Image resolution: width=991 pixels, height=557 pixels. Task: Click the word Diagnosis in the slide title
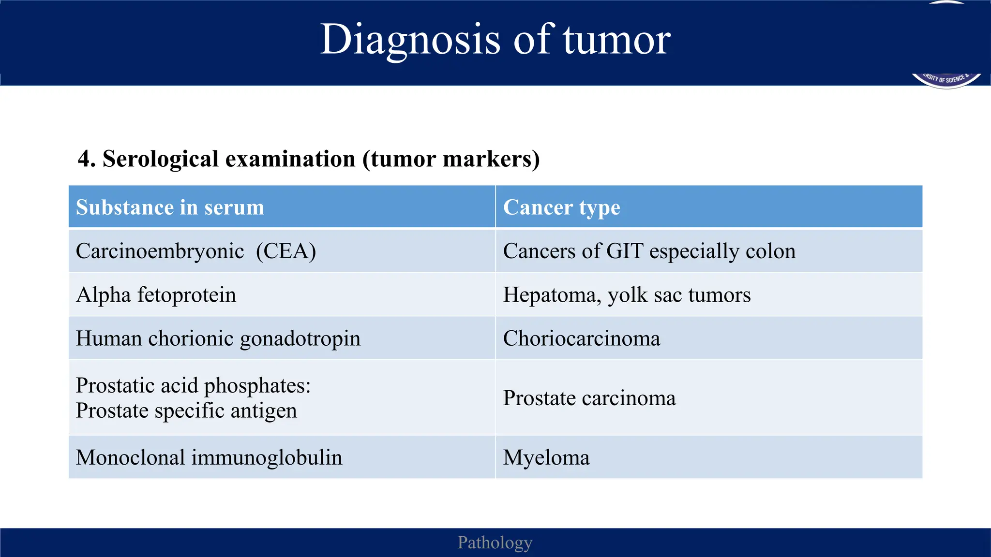410,40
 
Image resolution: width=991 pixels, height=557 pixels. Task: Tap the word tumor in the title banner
616,40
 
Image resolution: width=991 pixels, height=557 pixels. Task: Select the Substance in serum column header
170,207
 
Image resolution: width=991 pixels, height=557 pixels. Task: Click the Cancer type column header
561,207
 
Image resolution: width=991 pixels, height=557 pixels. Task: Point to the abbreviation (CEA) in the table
286,251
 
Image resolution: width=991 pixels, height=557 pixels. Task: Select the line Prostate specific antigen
186,410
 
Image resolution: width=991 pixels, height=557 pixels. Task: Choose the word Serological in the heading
161,159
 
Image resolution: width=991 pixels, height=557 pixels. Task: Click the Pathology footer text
495,542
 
